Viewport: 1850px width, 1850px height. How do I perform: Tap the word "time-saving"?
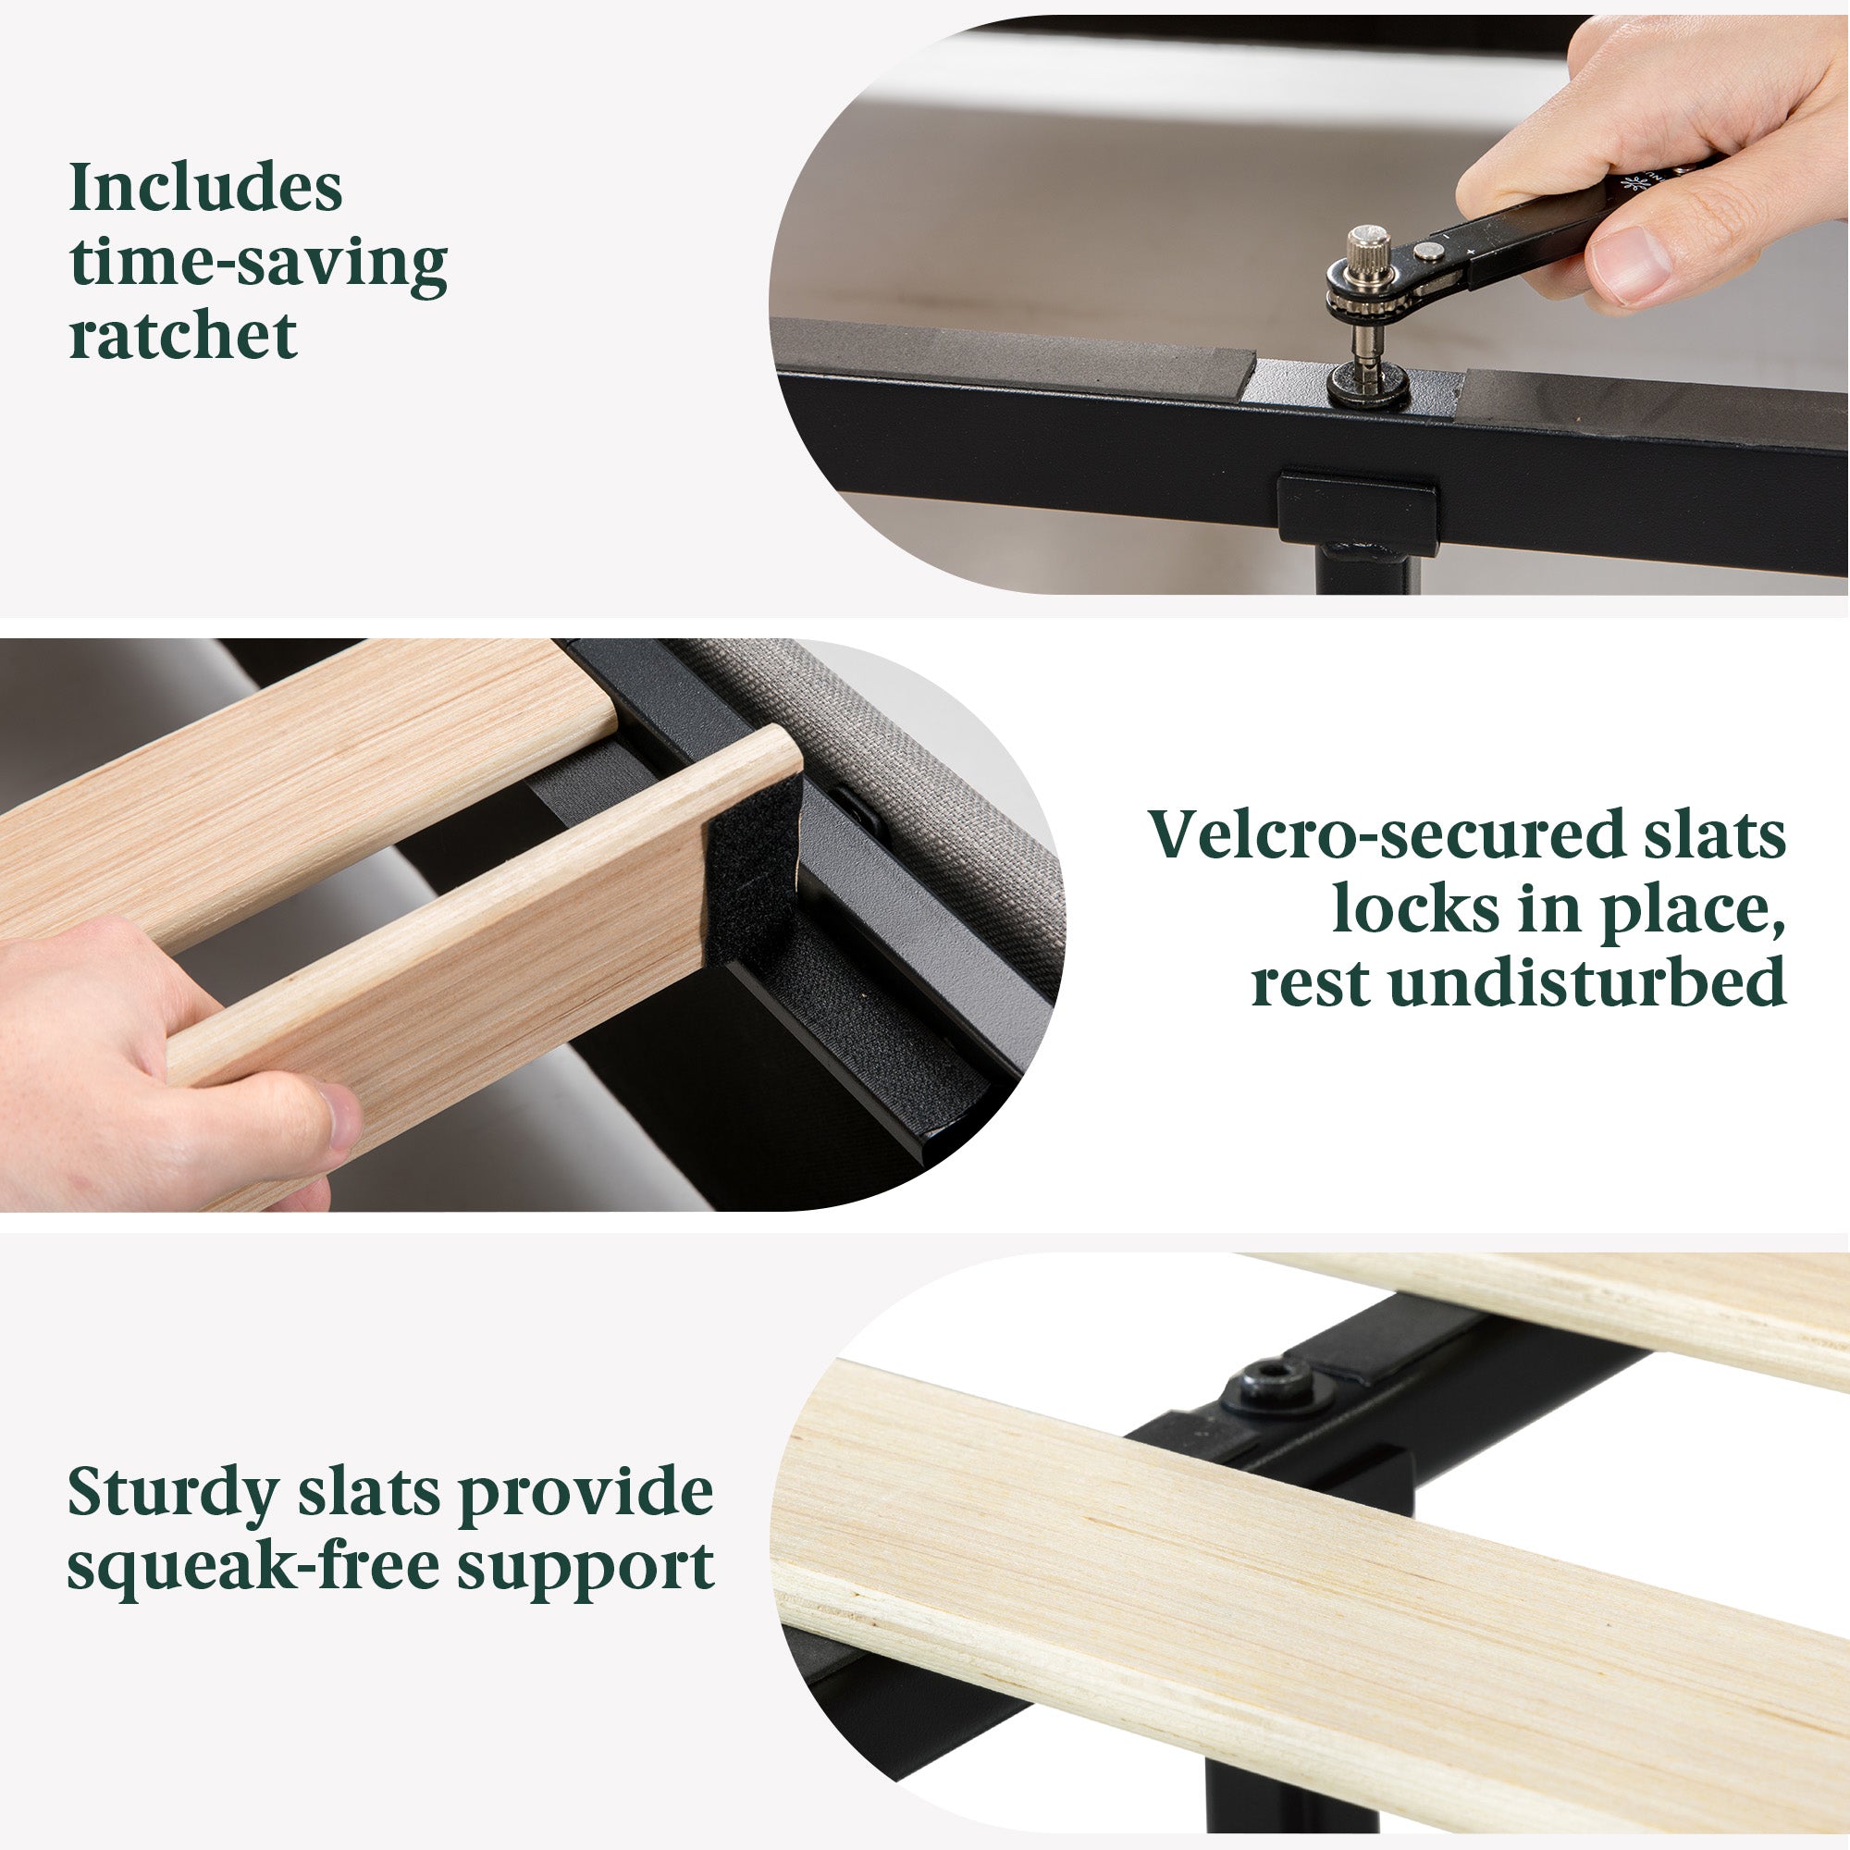(x=259, y=264)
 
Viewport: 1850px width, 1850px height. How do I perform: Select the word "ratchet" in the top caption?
(x=183, y=336)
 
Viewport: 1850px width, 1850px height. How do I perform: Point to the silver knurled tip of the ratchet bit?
(x=1369, y=248)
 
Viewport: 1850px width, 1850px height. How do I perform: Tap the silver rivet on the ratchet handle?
(x=1430, y=251)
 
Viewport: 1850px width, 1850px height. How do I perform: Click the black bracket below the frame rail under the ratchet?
(x=1358, y=512)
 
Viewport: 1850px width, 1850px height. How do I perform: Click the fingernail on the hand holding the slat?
(x=339, y=1115)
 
